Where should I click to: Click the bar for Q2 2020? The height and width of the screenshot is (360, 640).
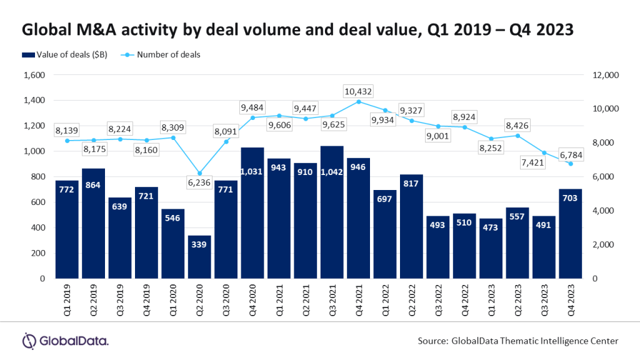199,257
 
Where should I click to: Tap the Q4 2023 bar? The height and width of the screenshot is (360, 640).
569,234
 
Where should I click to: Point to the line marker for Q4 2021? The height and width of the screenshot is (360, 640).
358,101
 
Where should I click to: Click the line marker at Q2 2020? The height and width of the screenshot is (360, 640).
199,173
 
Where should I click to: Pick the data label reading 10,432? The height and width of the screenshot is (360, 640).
358,91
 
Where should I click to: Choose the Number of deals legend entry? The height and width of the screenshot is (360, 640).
169,55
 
